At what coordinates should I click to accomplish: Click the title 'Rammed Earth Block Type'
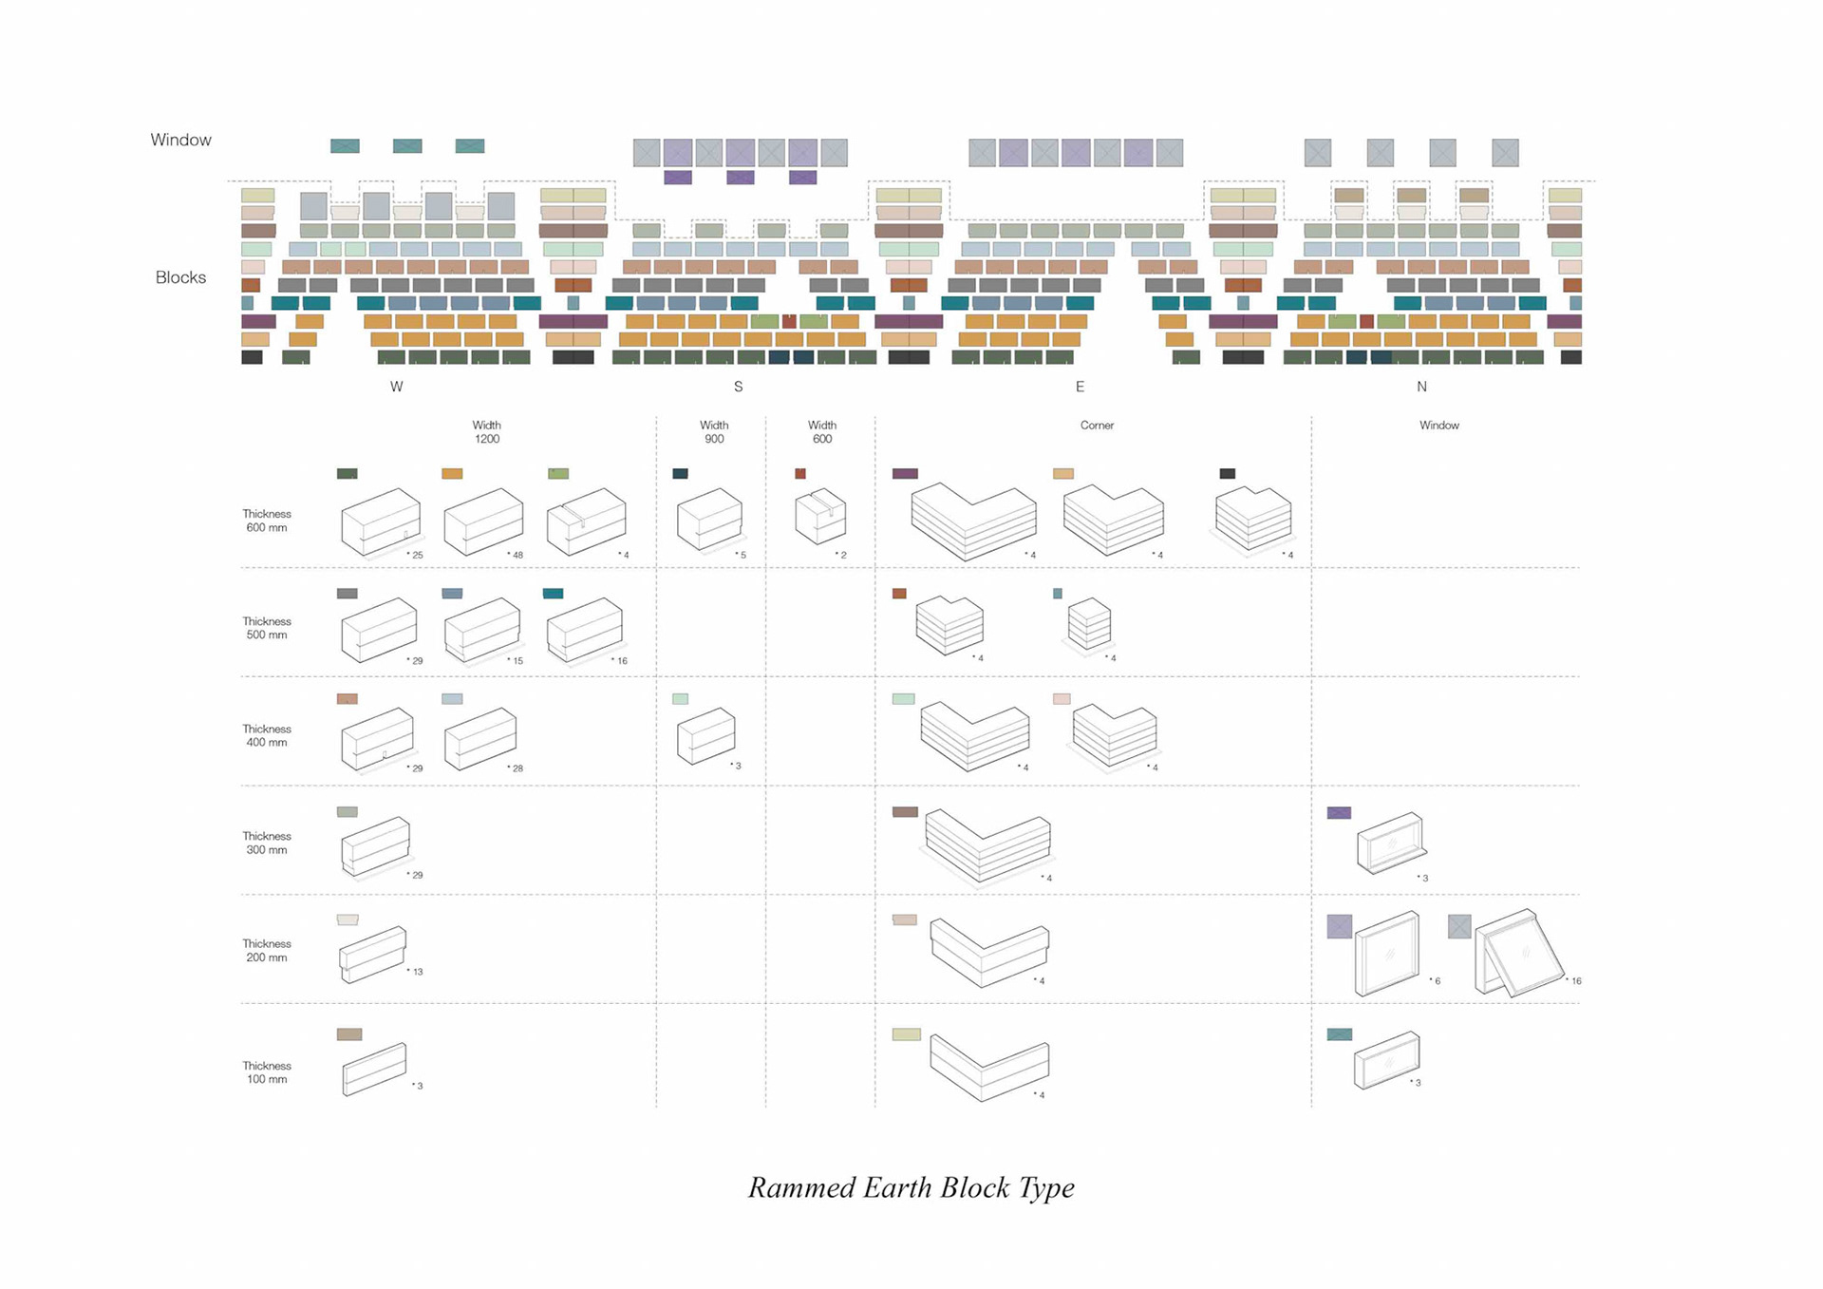911,1187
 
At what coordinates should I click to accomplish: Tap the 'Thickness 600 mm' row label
267,521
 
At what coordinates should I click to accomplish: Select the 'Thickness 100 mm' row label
267,1072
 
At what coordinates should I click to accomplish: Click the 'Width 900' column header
714,432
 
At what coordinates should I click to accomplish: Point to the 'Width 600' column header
822,432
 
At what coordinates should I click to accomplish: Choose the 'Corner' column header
1097,426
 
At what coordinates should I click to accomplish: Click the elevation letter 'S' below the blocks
739,387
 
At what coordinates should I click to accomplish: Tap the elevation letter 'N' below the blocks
1421,387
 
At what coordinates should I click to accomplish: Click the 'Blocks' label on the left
180,277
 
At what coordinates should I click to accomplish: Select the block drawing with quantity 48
483,521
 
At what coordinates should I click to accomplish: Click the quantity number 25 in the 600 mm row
418,555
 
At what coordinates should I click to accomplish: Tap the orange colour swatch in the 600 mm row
452,473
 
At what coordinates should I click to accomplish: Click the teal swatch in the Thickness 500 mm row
554,594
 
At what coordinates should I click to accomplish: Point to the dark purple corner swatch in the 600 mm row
905,473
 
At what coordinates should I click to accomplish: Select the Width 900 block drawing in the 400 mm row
706,735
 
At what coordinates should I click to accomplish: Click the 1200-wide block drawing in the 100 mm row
374,1070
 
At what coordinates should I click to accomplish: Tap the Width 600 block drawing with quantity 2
820,517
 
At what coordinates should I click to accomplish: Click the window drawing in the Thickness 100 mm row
1387,1060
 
